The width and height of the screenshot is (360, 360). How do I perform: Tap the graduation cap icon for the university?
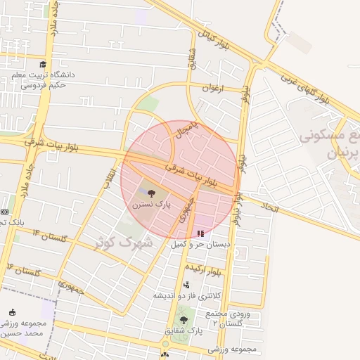click(43, 65)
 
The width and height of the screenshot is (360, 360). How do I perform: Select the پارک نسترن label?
click(150, 204)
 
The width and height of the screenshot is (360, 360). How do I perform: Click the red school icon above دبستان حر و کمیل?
click(201, 233)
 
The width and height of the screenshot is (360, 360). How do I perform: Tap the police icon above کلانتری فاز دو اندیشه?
click(186, 285)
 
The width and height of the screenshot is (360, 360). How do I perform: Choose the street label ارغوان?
click(212, 89)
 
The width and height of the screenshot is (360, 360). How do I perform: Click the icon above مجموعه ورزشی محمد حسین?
click(12, 312)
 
